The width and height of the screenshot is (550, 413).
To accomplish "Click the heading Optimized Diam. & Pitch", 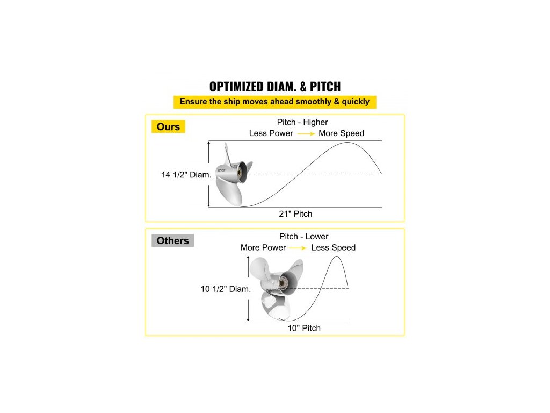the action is click(274, 87).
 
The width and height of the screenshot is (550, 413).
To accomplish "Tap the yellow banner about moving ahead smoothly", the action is click(274, 102).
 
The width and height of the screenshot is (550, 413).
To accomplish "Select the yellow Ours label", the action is click(168, 127).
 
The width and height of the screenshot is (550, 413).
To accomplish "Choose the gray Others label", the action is click(172, 240).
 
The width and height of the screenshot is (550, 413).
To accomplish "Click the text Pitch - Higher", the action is click(302, 122).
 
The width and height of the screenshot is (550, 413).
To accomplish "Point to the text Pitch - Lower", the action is click(303, 237).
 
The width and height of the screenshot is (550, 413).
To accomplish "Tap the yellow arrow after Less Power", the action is click(306, 133).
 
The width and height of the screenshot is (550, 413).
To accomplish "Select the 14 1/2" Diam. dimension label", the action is click(186, 175).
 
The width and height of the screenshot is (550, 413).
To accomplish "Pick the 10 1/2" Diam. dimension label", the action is click(226, 289).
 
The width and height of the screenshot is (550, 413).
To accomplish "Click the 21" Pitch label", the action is click(296, 214).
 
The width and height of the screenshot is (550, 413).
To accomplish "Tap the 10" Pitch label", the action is click(303, 328).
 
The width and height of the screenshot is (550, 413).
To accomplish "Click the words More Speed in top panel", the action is click(341, 133).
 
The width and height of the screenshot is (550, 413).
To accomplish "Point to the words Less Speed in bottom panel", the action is click(333, 248).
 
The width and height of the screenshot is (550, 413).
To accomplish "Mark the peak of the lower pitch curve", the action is click(337, 257).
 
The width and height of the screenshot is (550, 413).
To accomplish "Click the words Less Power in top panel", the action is click(271, 133).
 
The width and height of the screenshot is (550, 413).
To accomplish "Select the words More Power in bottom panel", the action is click(263, 248).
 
